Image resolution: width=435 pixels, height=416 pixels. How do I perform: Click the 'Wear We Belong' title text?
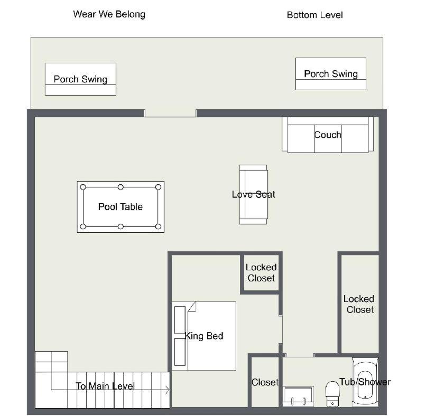(x=109, y=14)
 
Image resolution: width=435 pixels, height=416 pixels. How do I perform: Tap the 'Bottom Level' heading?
(x=315, y=15)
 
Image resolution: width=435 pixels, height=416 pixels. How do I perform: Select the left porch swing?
(x=80, y=79)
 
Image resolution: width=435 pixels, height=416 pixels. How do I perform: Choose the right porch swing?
(x=331, y=74)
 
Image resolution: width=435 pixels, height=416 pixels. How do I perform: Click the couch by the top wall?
(x=328, y=135)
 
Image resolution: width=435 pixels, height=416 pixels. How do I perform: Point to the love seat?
(x=253, y=195)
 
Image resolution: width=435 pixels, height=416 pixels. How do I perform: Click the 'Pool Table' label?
(x=121, y=207)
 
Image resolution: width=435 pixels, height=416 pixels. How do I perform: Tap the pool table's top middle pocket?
(x=121, y=187)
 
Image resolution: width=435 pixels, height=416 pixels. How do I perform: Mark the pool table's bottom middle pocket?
(x=121, y=226)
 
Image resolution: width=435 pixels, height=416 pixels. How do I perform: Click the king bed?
(x=204, y=336)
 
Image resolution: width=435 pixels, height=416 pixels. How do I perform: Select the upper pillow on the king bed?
(x=180, y=320)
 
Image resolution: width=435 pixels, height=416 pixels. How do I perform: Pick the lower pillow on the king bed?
(x=180, y=352)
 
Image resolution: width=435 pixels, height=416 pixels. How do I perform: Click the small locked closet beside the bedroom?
(x=261, y=273)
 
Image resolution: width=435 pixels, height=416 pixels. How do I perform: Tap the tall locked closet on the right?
(x=360, y=304)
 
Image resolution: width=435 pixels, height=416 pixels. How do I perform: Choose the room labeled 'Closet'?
(x=265, y=382)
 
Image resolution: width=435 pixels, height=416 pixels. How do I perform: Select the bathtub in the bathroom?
(x=365, y=382)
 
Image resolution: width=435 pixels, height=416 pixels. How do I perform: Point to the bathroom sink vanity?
(x=298, y=396)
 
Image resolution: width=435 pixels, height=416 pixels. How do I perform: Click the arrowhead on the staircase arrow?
(x=168, y=390)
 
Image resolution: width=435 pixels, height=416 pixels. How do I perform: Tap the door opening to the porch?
(x=170, y=114)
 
